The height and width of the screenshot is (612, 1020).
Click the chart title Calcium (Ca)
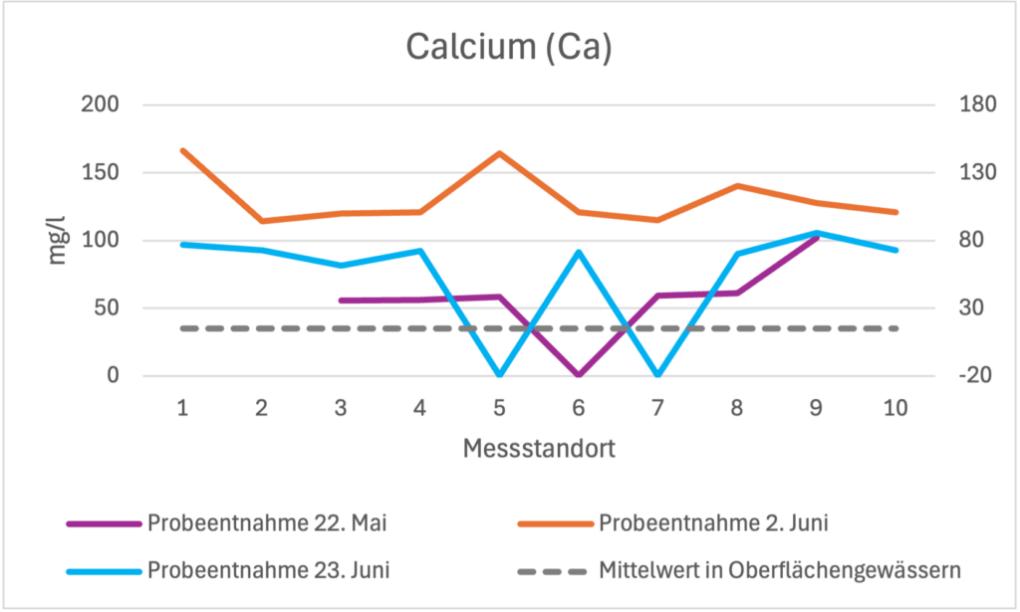point(508,47)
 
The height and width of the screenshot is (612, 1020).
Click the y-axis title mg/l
point(59,240)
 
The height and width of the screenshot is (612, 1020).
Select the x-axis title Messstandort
point(538,449)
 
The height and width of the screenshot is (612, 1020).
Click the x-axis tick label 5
point(499,408)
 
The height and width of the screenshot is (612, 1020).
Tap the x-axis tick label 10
point(894,408)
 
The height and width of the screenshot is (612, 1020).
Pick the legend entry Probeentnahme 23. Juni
point(268,571)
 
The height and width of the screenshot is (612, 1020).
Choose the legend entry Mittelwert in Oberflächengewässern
point(779,571)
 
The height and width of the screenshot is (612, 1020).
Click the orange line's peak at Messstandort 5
point(499,153)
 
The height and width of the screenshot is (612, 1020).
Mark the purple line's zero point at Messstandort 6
point(579,375)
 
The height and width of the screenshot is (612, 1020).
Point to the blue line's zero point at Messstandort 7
point(657,375)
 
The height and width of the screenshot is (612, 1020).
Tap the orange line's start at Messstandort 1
point(182,150)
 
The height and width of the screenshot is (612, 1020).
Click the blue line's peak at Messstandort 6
point(579,252)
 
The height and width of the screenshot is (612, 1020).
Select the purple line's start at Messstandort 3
point(341,301)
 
